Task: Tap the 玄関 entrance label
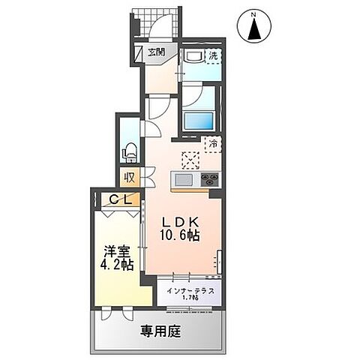[x=157, y=52]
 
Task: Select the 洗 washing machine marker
[x=213, y=55]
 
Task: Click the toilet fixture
[x=129, y=149]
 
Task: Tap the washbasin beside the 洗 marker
[x=191, y=58]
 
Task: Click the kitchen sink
[x=183, y=180]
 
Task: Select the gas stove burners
[x=208, y=180]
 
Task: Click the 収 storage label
[x=130, y=178]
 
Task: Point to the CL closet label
[x=120, y=199]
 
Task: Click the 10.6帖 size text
[x=181, y=236]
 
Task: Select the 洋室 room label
[x=117, y=252]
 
